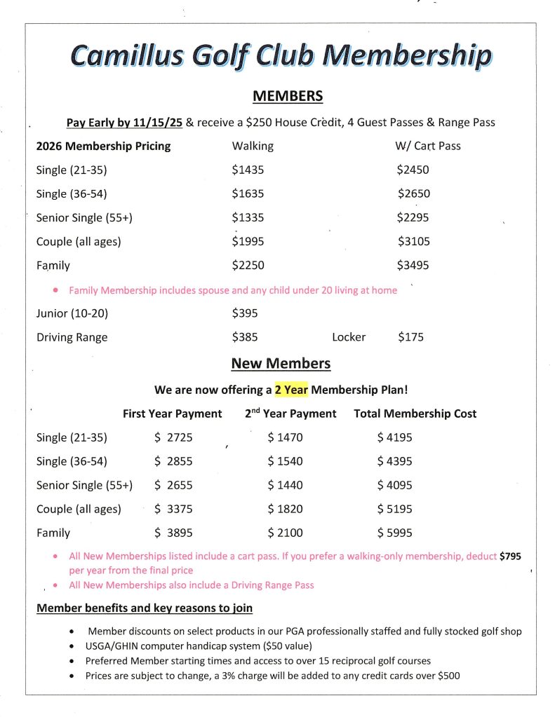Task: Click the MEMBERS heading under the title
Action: point(288,96)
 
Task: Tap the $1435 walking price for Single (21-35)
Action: point(248,170)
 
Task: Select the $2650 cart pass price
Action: point(414,193)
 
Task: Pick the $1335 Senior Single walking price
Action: point(248,217)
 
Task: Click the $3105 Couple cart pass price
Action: point(414,241)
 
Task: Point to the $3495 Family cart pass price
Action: point(413,266)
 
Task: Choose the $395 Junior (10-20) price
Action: point(245,313)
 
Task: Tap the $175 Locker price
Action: point(410,337)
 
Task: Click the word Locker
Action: point(349,337)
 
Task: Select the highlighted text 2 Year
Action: point(291,389)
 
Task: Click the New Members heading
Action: point(281,363)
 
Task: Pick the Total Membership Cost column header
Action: point(415,414)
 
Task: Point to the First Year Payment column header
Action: point(172,414)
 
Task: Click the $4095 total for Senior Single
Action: point(394,485)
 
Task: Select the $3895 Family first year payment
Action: point(173,533)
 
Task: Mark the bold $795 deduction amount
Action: point(510,556)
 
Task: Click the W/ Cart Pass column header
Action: point(427,146)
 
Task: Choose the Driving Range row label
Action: point(72,337)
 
